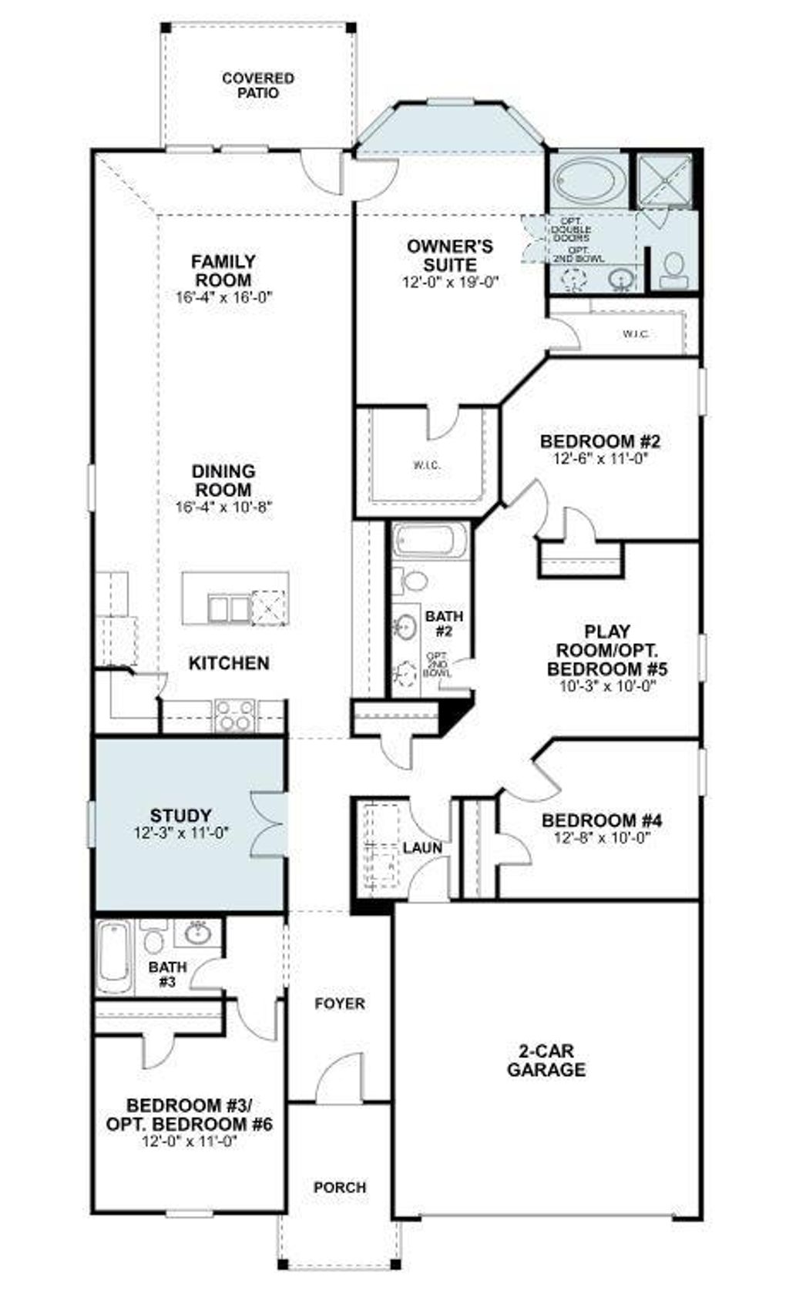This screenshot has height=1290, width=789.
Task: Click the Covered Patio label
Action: coord(257,85)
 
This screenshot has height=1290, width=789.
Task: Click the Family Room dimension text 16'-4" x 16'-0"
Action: coord(224,297)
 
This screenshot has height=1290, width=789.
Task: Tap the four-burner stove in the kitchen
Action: coord(234,715)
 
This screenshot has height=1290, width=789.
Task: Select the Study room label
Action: coord(180,816)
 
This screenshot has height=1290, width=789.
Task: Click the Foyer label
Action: coord(340,1004)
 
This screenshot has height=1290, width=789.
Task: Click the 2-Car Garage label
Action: coord(546,1060)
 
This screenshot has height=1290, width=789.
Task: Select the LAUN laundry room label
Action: coord(422,848)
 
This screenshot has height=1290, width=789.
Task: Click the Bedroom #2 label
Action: coord(600,442)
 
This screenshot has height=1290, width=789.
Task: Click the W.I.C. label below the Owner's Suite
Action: coord(426,466)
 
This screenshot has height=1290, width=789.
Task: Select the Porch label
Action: coord(340,1188)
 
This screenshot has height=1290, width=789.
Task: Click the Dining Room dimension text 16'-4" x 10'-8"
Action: coord(224,507)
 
